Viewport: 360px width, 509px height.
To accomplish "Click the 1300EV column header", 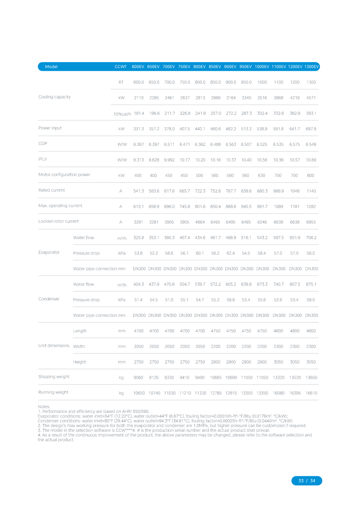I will tap(311, 67).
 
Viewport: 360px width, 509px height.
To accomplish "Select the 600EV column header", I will tap(138, 67).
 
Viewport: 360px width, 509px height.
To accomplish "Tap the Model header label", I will tap(51, 67).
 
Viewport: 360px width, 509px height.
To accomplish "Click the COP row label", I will tap(43, 144).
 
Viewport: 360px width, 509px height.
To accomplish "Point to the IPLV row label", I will tap(43, 159).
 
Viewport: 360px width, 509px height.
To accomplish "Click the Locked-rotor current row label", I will tap(58, 221).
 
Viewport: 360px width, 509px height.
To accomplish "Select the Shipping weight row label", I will tap(54, 377).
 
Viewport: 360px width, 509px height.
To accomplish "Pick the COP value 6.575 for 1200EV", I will tap(294, 144).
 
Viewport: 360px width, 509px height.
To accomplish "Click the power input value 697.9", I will tap(311, 129).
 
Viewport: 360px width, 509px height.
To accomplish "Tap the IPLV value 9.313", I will tap(138, 160).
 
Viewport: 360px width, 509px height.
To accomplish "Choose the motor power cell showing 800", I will tap(310, 176).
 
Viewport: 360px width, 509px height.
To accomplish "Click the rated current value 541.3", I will tap(138, 191).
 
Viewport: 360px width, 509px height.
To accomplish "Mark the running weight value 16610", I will tap(311, 393).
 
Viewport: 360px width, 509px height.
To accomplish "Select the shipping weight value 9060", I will tap(138, 378).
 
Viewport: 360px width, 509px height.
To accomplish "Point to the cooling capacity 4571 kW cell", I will tap(311, 98).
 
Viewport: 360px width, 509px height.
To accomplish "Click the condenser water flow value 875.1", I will tap(311, 284).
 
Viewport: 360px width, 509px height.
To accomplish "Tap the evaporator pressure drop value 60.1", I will tap(200, 253).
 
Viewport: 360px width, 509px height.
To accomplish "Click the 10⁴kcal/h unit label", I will tap(122, 114).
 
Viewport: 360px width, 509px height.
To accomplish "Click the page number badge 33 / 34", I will tap(307, 481).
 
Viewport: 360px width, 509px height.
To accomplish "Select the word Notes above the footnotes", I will tap(44, 407).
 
